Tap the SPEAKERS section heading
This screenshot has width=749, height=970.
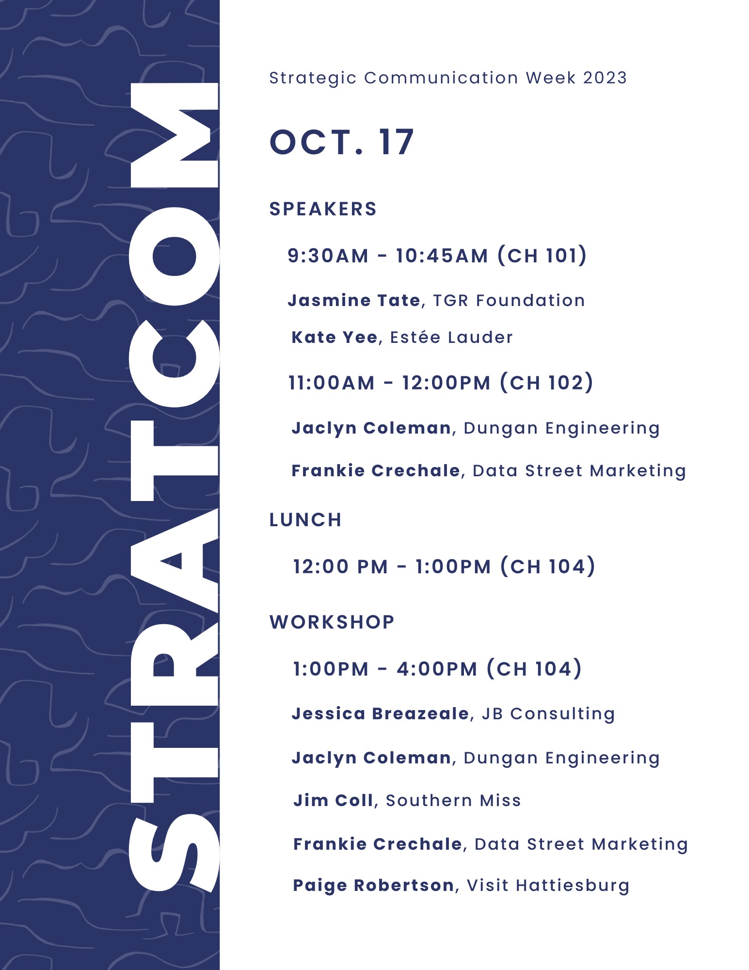point(323,209)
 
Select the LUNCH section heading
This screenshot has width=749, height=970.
point(305,520)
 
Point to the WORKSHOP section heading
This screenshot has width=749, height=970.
point(332,622)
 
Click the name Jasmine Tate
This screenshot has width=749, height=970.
point(354,300)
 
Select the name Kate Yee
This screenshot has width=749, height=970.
point(335,337)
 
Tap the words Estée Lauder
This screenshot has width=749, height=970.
point(451,337)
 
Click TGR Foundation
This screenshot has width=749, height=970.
point(509,300)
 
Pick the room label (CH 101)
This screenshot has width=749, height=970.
point(542,256)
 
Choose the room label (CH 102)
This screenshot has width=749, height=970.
point(546,383)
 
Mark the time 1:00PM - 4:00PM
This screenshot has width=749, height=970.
point(385,669)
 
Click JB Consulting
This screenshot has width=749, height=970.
point(548,714)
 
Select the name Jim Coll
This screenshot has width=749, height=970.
point(334,800)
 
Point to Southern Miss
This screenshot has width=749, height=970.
point(453,800)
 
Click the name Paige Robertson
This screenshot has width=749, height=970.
point(373,885)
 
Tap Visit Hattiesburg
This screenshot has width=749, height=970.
point(548,886)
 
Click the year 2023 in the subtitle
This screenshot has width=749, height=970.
point(605,78)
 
